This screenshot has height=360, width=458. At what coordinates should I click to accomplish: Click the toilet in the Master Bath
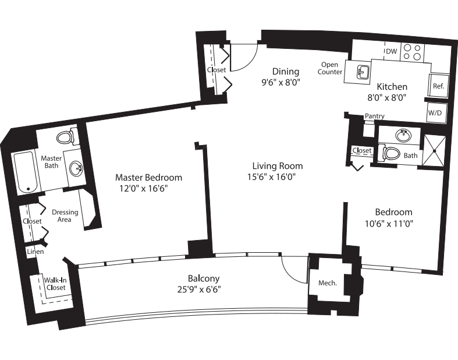pos(65,138)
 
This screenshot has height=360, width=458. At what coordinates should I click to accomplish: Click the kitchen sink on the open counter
pos(363,72)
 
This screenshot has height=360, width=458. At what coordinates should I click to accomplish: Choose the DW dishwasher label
pos(391,52)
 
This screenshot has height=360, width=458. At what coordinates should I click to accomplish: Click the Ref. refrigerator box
pos(438,86)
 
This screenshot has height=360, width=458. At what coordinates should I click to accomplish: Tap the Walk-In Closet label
pos(55,284)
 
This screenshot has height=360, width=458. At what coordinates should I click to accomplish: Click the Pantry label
pos(374,117)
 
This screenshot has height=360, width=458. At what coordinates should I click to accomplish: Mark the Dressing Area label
pos(65,216)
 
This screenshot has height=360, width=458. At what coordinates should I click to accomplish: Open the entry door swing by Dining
pos(244,58)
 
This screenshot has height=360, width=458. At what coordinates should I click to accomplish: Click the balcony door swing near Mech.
pos(294,269)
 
